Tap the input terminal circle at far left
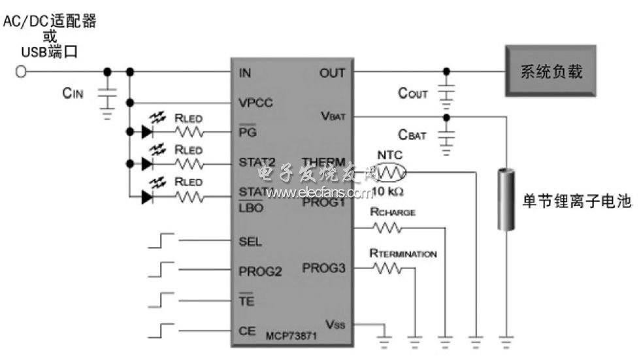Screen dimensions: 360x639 tap(21, 72)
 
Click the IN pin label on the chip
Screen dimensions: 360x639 tap(245, 73)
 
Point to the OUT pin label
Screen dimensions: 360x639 tap(332, 73)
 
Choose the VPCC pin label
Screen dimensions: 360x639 tap(256, 103)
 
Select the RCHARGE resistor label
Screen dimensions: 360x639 tap(393, 212)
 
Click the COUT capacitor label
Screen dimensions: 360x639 tap(413, 94)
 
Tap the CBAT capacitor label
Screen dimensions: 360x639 tap(413, 136)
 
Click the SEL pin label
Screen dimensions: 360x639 tap(250, 241)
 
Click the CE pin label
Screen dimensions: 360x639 tap(247, 331)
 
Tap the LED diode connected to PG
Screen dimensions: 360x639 tap(147, 132)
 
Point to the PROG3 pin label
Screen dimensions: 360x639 tap(323, 268)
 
